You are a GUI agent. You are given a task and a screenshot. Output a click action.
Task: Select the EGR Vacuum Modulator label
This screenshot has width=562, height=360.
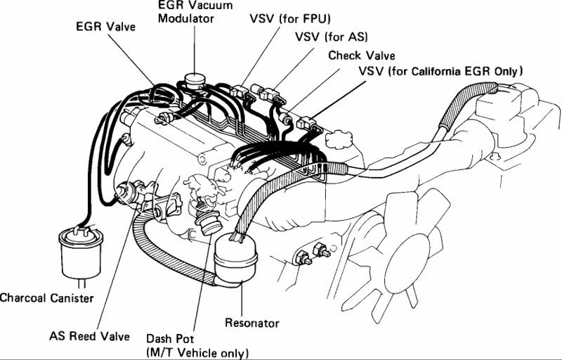click(x=186, y=12)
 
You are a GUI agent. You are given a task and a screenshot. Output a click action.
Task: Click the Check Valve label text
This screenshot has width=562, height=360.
click(x=362, y=55)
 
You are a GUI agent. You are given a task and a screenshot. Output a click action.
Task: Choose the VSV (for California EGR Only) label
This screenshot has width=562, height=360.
click(x=440, y=72)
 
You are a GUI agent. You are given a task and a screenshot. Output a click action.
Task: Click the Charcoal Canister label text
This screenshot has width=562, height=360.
click(x=46, y=298)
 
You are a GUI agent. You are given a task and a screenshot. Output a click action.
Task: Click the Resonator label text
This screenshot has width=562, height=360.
click(x=251, y=323)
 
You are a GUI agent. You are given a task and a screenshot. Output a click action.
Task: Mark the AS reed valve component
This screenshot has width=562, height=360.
click(x=131, y=191)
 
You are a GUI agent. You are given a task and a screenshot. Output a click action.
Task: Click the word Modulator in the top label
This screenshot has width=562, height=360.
click(x=185, y=18)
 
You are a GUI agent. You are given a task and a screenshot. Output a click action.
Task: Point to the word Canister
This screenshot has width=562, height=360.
click(x=71, y=298)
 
